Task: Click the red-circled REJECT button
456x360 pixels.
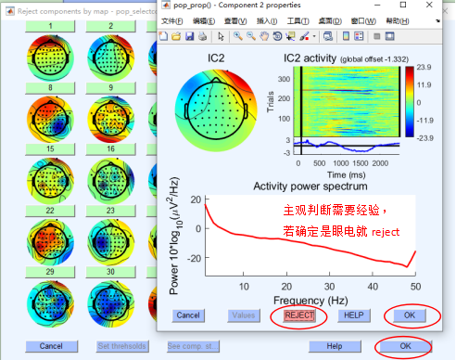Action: pos(300,315)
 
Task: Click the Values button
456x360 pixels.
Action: pos(244,315)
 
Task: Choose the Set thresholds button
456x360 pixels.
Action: pos(121,346)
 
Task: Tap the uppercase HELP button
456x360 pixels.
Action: pos(352,315)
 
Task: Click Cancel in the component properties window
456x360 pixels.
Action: pos(189,315)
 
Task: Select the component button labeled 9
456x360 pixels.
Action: pos(110,87)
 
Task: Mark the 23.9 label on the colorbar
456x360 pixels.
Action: pos(422,67)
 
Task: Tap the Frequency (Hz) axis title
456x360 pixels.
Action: pos(310,300)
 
